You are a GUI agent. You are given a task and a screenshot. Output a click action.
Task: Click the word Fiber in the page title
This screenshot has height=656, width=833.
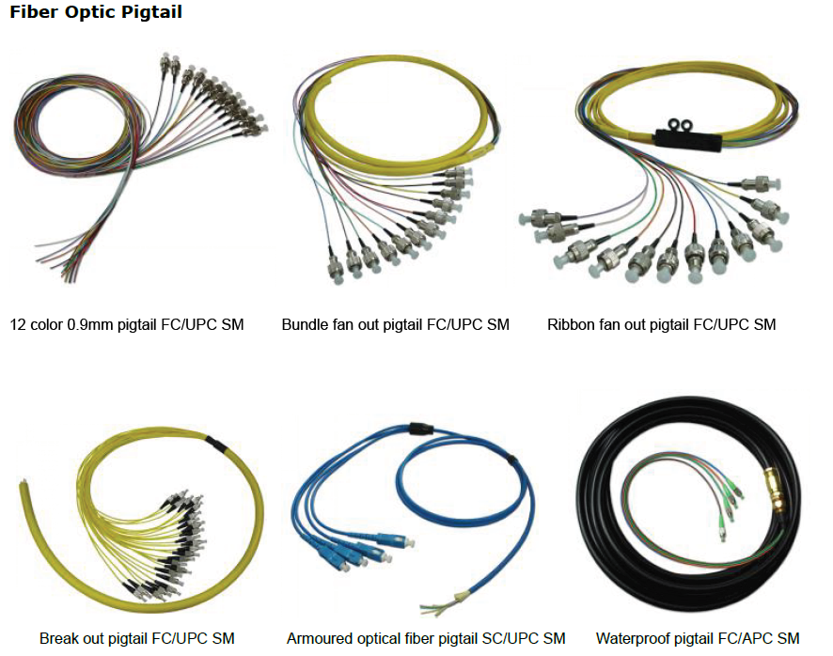point(30,12)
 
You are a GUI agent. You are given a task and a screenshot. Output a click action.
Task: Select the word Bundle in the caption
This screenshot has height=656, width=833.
point(304,325)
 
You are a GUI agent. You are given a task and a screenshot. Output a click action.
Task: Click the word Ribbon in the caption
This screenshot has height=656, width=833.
point(570,325)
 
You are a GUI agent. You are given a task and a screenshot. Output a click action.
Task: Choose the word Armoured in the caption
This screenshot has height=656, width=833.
point(317,639)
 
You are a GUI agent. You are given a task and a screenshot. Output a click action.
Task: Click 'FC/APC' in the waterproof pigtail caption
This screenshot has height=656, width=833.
point(749,639)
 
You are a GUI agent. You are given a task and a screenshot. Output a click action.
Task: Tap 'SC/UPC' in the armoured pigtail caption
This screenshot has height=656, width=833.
point(517,639)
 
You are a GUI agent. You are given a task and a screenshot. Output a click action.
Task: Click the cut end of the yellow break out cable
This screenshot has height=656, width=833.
point(22,488)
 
